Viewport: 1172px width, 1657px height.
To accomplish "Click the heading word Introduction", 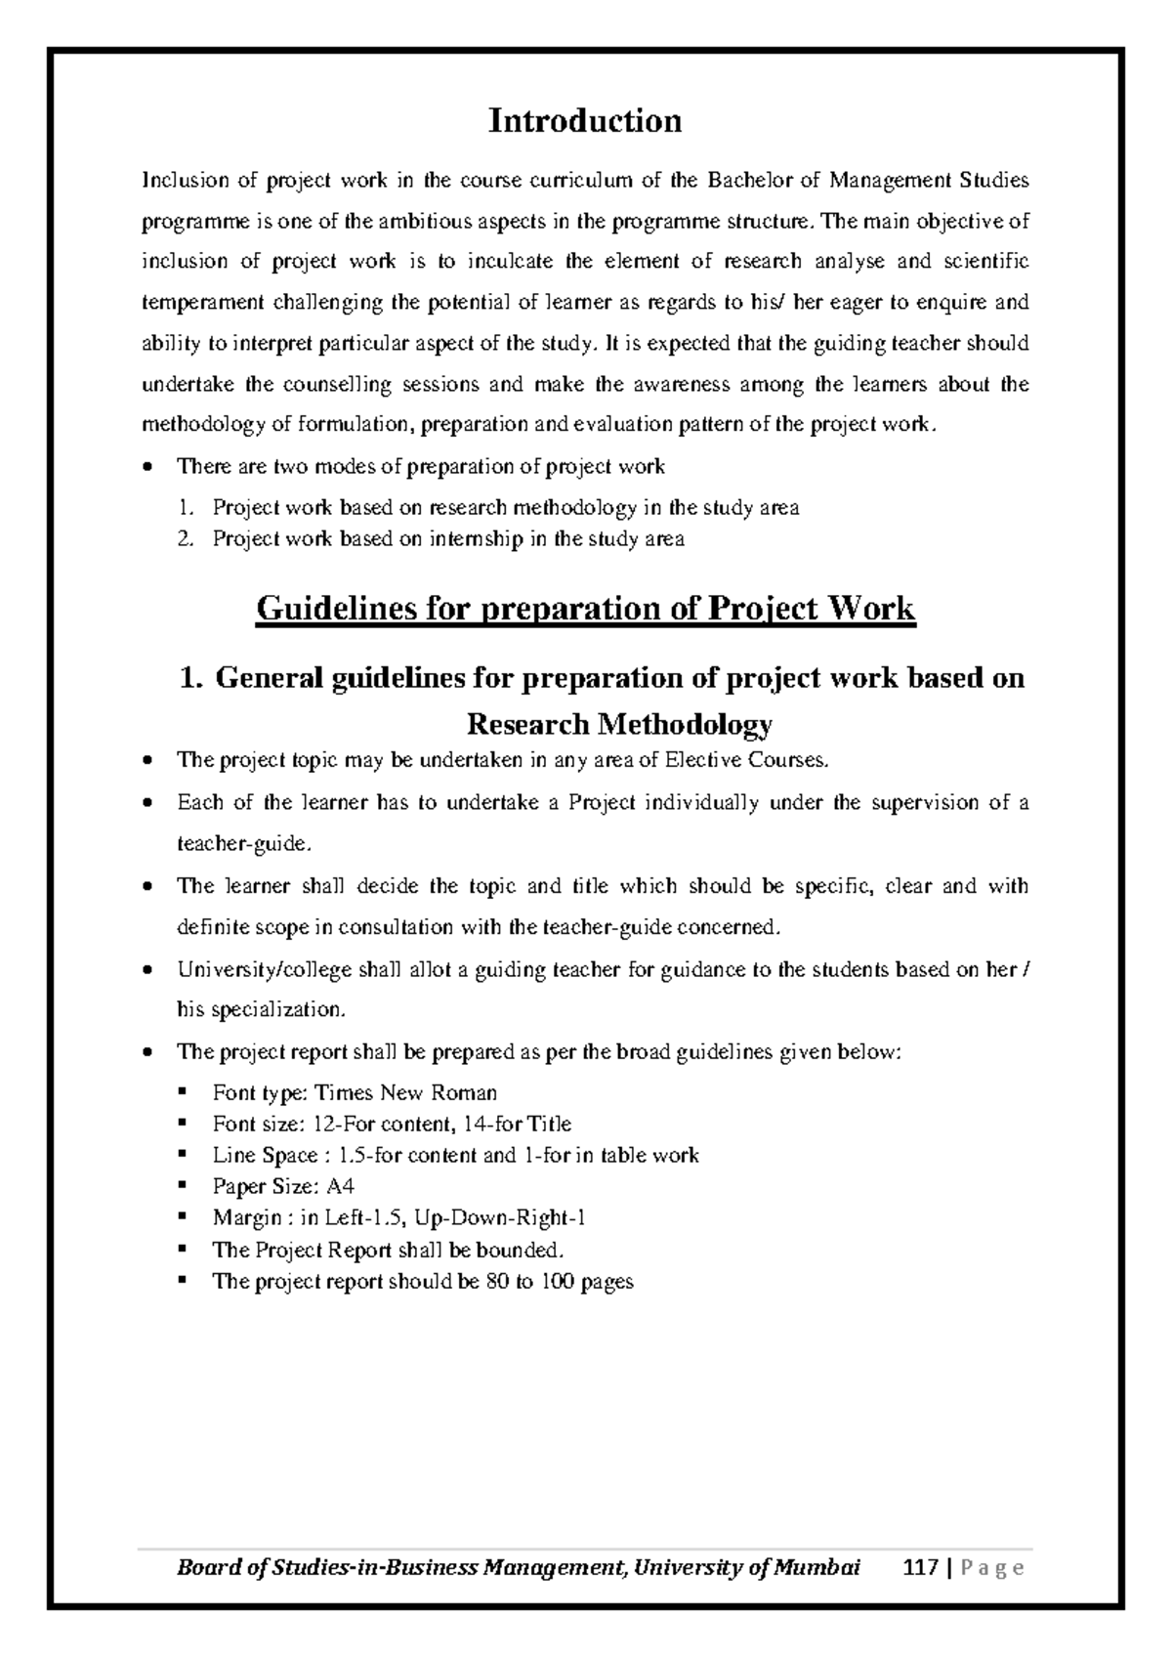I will click(584, 121).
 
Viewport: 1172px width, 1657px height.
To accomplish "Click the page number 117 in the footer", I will click(922, 1569).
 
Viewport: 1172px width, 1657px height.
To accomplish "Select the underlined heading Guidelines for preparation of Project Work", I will click(585, 609).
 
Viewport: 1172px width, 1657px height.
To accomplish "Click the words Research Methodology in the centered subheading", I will click(620, 724).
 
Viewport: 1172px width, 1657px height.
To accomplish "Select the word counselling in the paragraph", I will click(337, 384).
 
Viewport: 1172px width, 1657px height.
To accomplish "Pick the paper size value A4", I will click(340, 1187).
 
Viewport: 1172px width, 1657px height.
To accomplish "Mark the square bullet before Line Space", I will click(182, 1155).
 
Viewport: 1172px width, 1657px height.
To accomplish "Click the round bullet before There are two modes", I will click(146, 467).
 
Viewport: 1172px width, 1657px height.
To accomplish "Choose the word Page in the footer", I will click(991, 1569).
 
